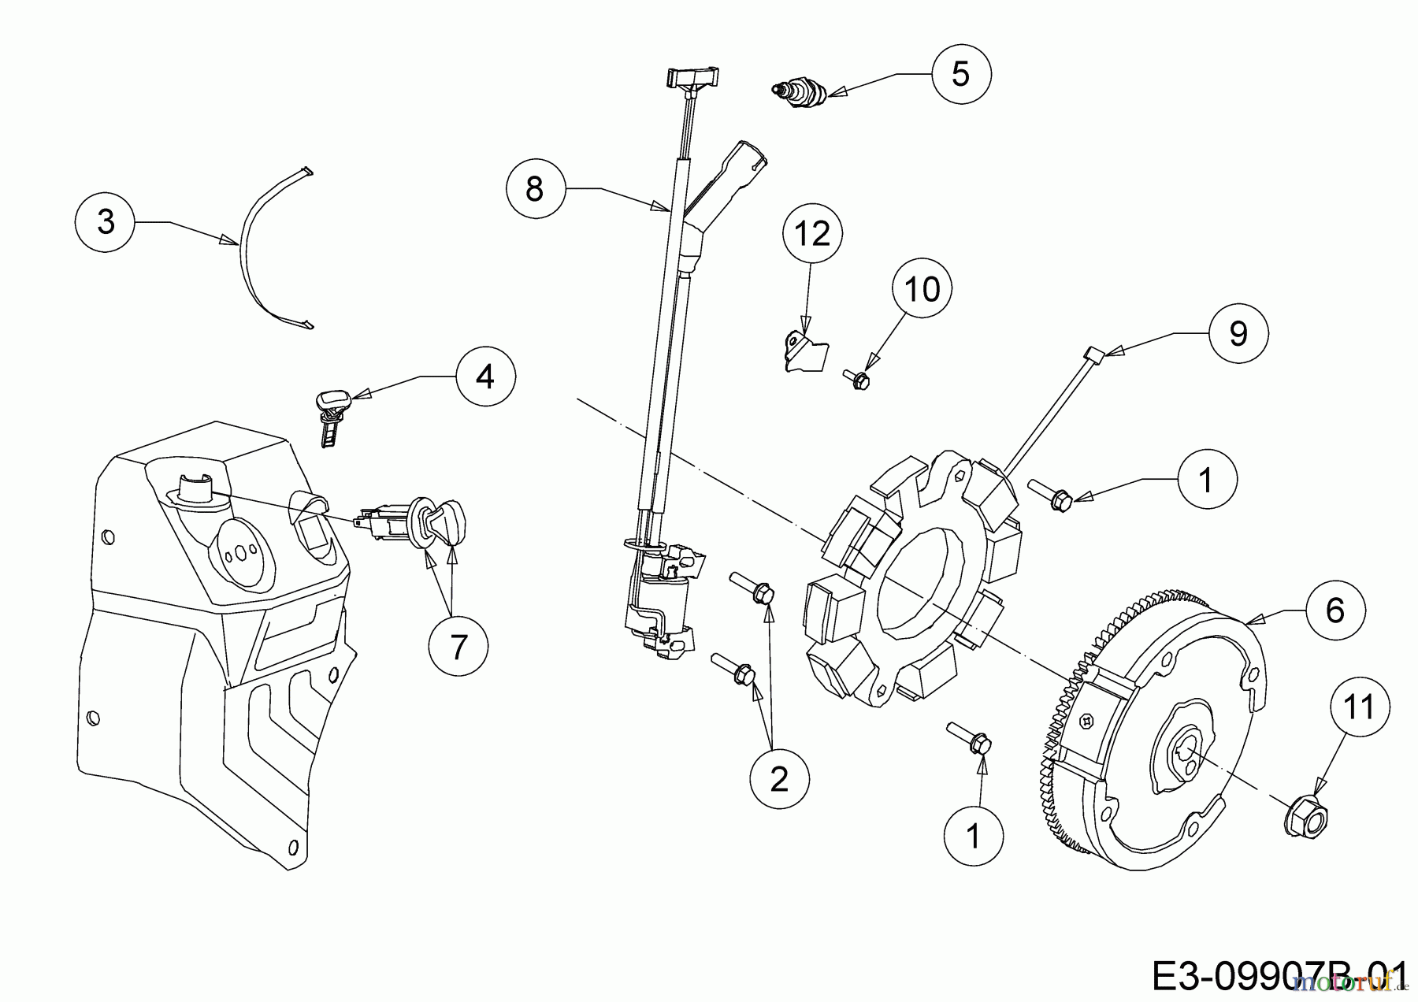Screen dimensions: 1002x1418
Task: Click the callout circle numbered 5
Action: click(960, 73)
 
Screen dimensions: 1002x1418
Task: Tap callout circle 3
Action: click(106, 222)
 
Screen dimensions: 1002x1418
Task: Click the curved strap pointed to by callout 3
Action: click(251, 244)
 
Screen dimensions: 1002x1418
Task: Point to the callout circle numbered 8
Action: click(535, 189)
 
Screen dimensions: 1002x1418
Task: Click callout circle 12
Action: click(812, 234)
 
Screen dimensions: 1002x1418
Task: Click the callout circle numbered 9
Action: click(1238, 334)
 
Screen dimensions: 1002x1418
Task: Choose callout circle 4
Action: click(485, 377)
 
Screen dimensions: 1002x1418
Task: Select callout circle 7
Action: click(458, 648)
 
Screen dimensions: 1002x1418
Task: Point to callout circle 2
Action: click(779, 780)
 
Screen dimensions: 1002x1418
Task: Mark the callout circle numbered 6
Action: click(1334, 610)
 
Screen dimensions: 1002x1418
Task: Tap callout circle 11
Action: click(1360, 707)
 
